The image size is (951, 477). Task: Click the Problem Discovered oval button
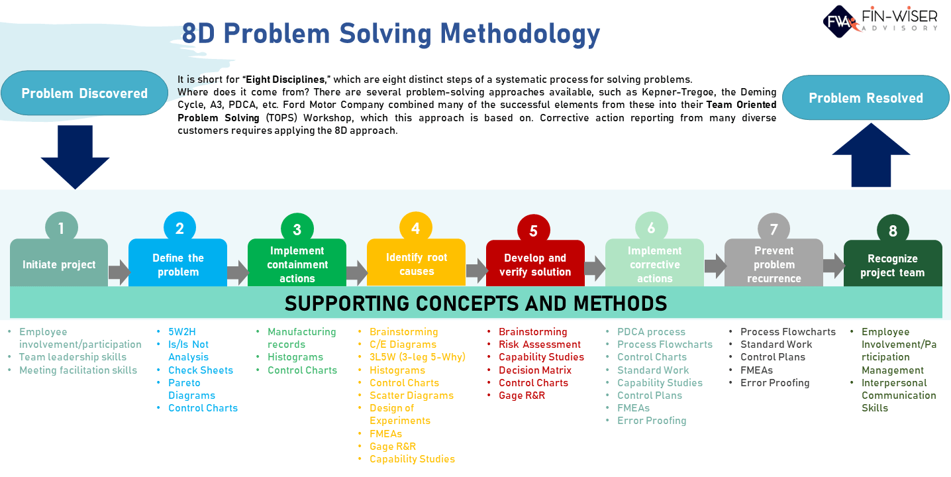coord(84,93)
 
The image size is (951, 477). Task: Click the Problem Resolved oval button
coord(866,98)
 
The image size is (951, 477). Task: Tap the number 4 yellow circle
coord(415,229)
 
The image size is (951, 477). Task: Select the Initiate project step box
coord(59,264)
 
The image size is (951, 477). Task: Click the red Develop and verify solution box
coord(535,265)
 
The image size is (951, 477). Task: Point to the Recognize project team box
coord(892,265)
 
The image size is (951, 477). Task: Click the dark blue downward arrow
coord(75,156)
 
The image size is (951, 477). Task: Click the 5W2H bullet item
coord(182,332)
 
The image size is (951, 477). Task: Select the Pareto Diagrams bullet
coord(191,389)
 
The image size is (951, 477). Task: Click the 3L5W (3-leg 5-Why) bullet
coord(417,357)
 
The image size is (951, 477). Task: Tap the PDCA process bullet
coord(651,332)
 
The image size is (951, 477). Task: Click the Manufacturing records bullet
coord(301,338)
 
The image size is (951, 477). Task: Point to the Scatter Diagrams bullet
coord(411,396)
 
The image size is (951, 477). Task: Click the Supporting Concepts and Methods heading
coord(475,303)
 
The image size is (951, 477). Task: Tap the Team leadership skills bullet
coord(73,357)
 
